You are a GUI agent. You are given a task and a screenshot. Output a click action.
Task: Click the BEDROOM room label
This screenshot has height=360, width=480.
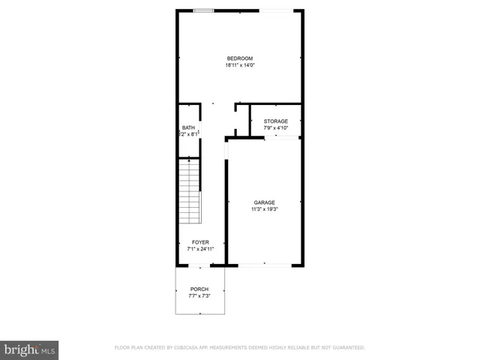point(240,58)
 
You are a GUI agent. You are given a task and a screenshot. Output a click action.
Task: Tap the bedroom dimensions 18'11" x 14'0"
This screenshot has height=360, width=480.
point(240,65)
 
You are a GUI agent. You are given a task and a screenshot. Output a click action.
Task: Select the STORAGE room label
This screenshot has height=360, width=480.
point(275,121)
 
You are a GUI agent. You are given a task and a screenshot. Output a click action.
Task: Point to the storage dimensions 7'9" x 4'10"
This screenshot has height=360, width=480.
point(275,127)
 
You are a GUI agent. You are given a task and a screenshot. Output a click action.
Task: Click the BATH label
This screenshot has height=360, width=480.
point(187,127)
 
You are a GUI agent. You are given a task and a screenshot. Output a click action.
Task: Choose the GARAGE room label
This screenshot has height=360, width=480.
point(264,202)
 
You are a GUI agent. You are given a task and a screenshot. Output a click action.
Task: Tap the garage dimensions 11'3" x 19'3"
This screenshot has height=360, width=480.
point(264,208)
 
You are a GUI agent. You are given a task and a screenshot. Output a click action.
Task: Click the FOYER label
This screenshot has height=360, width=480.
point(200,241)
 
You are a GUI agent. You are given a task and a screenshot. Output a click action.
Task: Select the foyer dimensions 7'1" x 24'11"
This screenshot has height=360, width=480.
point(200,248)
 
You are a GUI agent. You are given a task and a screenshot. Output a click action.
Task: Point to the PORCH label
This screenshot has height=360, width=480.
point(199,289)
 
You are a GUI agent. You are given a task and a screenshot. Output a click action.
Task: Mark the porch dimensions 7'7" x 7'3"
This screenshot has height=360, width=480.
point(199,296)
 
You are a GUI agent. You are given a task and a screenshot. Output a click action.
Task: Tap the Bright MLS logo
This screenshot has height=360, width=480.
point(29,349)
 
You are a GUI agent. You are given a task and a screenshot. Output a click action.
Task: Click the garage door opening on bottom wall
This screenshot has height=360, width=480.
point(265,265)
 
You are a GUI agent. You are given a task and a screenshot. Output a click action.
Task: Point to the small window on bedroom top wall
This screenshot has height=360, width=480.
point(202,10)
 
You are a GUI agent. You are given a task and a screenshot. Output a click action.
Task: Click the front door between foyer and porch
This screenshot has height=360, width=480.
point(199,265)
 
